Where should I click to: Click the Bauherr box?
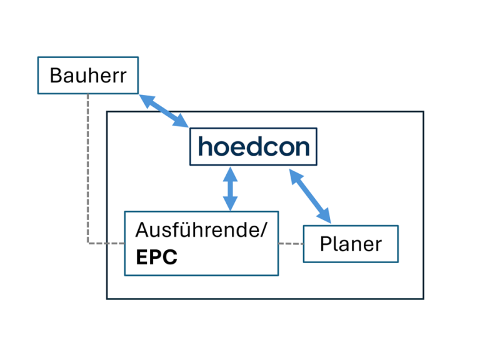click(87, 76)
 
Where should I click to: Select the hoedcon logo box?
click(253, 147)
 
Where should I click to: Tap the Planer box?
click(351, 244)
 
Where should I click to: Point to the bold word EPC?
click(157, 257)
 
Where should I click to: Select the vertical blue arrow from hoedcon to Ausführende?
click(231, 188)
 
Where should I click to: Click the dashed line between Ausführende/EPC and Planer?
click(291, 243)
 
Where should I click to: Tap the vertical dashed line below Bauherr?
click(88, 169)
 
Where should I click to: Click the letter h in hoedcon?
click(205, 146)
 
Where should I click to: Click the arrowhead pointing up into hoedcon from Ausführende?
click(231, 171)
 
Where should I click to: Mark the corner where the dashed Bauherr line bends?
click(88, 243)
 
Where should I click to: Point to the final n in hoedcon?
click(302, 147)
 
